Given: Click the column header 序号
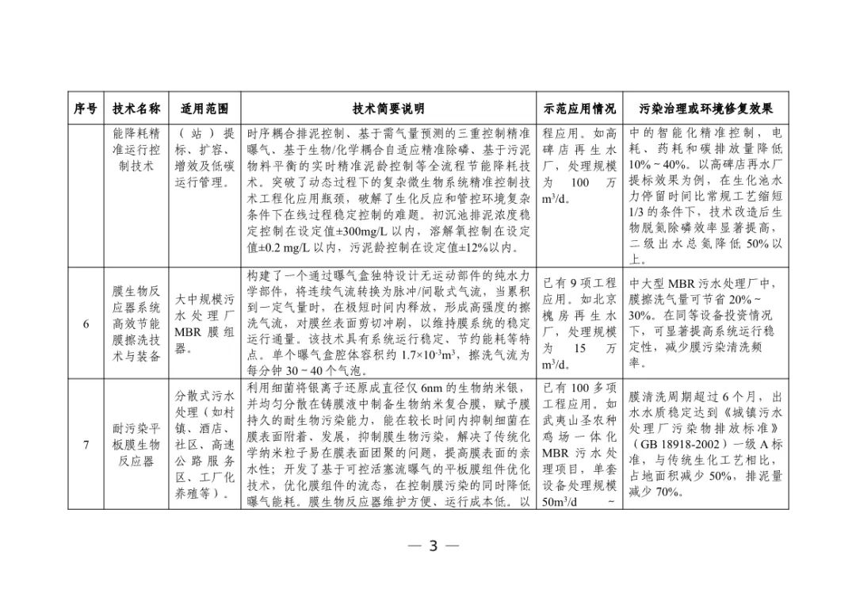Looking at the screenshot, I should (86, 109).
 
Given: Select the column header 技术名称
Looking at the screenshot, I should (137, 109).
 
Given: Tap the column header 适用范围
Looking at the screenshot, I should (204, 109).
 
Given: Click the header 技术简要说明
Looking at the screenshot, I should (388, 109).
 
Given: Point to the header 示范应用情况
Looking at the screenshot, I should (579, 109).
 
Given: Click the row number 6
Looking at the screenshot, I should (86, 324).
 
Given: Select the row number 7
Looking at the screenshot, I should (86, 444).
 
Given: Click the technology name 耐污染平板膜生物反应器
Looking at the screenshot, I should (137, 444).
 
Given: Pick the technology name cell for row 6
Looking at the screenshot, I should (137, 324).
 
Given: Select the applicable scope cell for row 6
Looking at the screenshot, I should (204, 324).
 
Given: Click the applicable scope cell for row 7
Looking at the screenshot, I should (204, 444).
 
